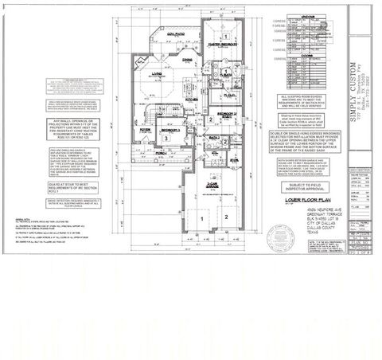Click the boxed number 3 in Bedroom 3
click(166, 137)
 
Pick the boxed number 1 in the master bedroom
click(225, 37)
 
